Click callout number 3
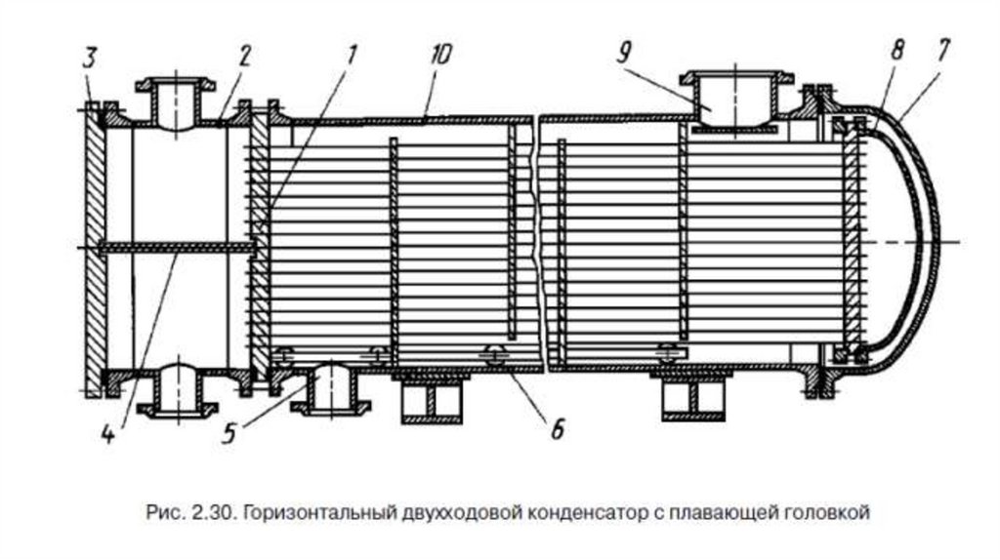(89, 58)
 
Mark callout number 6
(556, 428)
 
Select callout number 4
(108, 433)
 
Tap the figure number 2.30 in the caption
(205, 511)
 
